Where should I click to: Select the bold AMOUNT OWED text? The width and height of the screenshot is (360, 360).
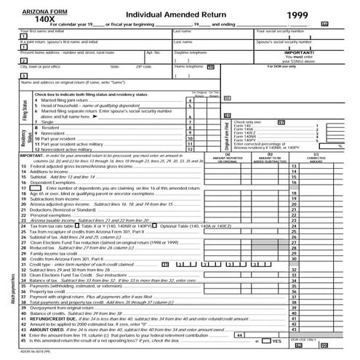pyautogui.click(x=47, y=329)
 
